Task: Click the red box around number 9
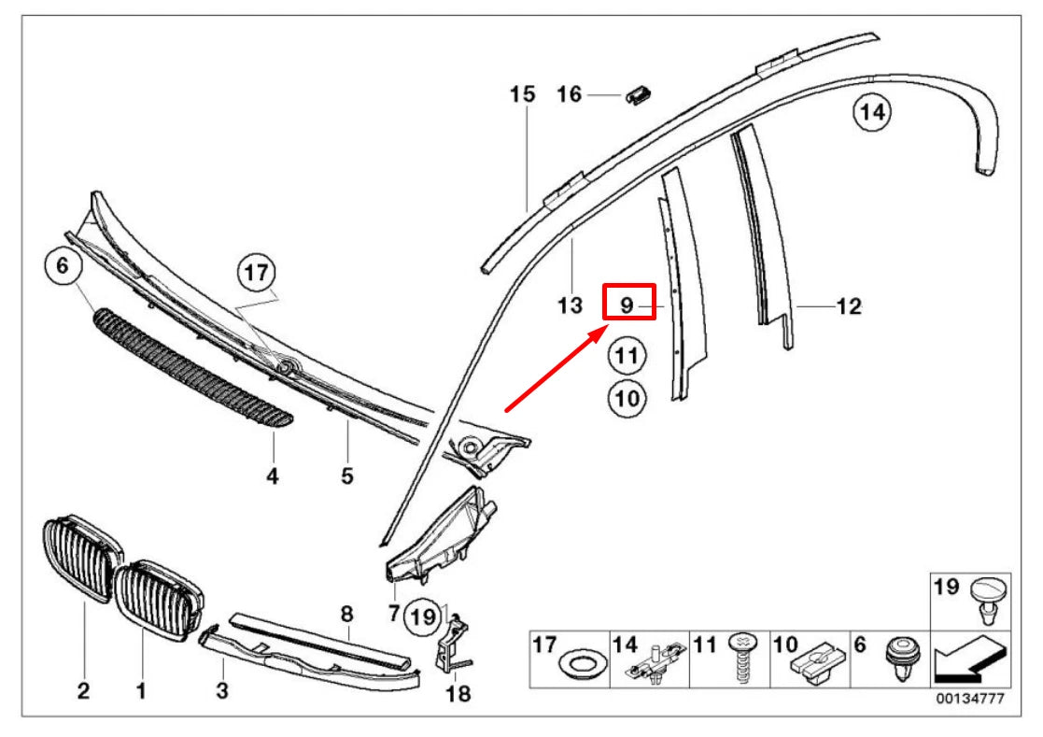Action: tap(629, 303)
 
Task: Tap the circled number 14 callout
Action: tap(871, 114)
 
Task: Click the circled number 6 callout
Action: tap(63, 266)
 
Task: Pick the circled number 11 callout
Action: tap(626, 356)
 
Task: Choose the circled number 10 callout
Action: tap(626, 400)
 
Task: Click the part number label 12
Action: tap(848, 305)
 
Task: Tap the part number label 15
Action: tap(523, 93)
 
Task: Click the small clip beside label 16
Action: tap(640, 93)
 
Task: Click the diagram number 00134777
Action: tap(970, 699)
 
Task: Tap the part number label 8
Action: tap(346, 614)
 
